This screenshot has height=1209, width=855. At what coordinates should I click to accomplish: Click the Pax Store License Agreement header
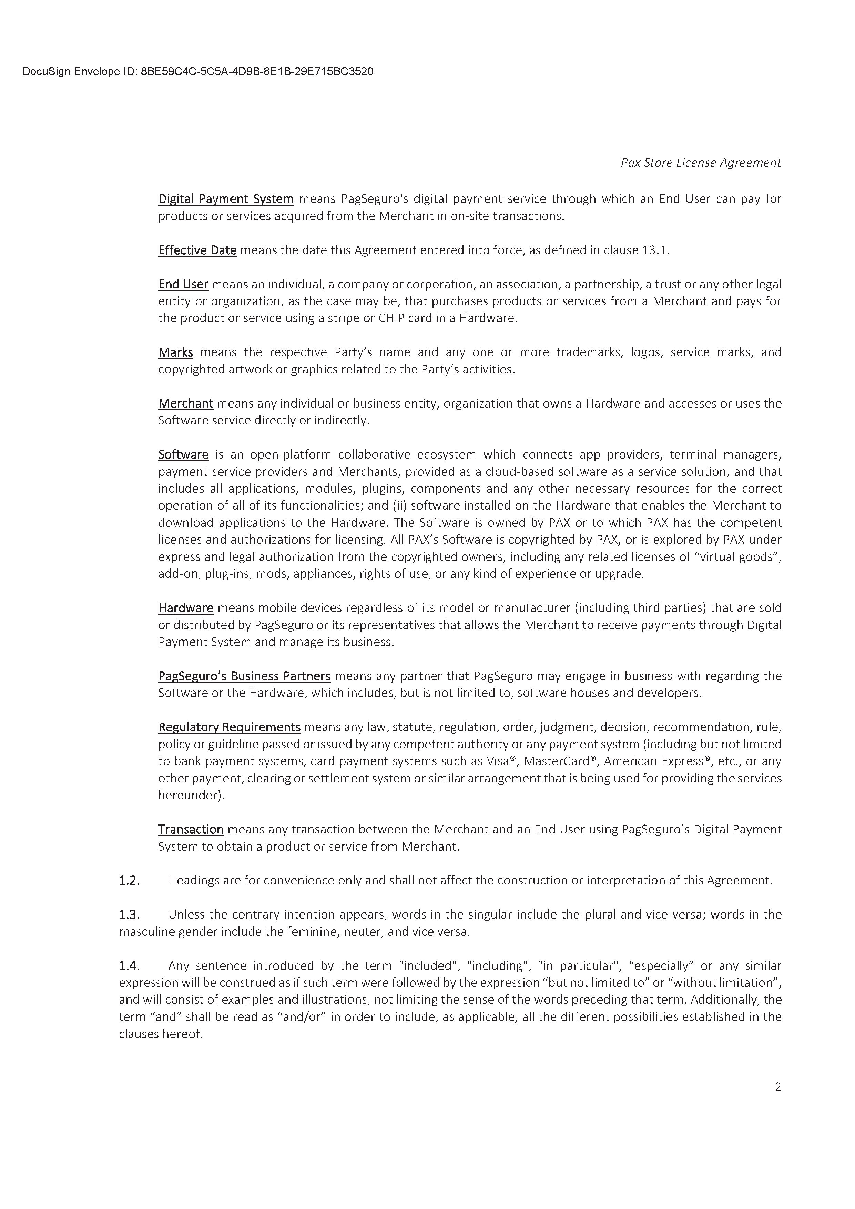click(x=700, y=163)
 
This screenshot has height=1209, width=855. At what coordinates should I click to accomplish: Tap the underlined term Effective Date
click(x=197, y=250)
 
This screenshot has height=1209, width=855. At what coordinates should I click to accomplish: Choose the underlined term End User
click(x=183, y=284)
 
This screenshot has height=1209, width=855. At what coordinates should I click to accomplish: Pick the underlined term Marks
click(x=175, y=352)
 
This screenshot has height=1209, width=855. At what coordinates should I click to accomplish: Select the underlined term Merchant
click(x=185, y=403)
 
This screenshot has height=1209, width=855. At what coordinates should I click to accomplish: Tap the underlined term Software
click(x=183, y=454)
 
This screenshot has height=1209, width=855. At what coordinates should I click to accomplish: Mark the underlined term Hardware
click(x=185, y=608)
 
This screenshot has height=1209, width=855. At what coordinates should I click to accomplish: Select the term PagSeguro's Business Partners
click(x=244, y=676)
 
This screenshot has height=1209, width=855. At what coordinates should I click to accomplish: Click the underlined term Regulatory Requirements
click(x=229, y=727)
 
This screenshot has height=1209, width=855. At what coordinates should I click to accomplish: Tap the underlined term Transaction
click(x=191, y=829)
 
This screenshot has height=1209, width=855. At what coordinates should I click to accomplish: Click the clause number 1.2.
click(x=129, y=880)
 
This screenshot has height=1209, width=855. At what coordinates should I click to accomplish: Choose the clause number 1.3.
click(x=129, y=915)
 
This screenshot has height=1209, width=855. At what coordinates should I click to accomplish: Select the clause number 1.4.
click(x=129, y=966)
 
